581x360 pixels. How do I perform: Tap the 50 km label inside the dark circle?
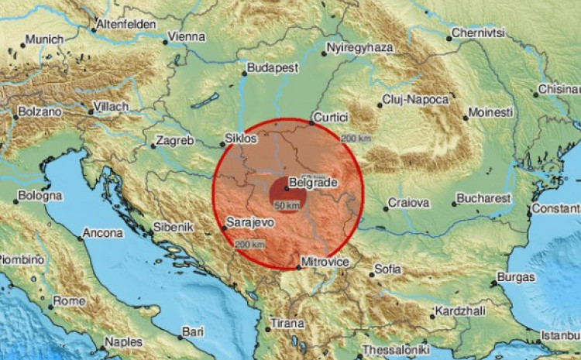click(x=286, y=205)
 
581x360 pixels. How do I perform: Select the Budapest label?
click(x=273, y=68)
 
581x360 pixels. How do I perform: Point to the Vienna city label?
click(x=187, y=36)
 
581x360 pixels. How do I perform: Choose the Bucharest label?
click(x=484, y=198)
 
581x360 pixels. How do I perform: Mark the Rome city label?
click(x=70, y=300)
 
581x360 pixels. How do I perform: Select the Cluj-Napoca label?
click(x=415, y=101)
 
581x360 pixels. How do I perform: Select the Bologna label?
click(x=40, y=197)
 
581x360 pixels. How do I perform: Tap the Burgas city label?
click(x=517, y=276)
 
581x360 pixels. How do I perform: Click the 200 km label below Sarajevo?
click(x=249, y=244)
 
